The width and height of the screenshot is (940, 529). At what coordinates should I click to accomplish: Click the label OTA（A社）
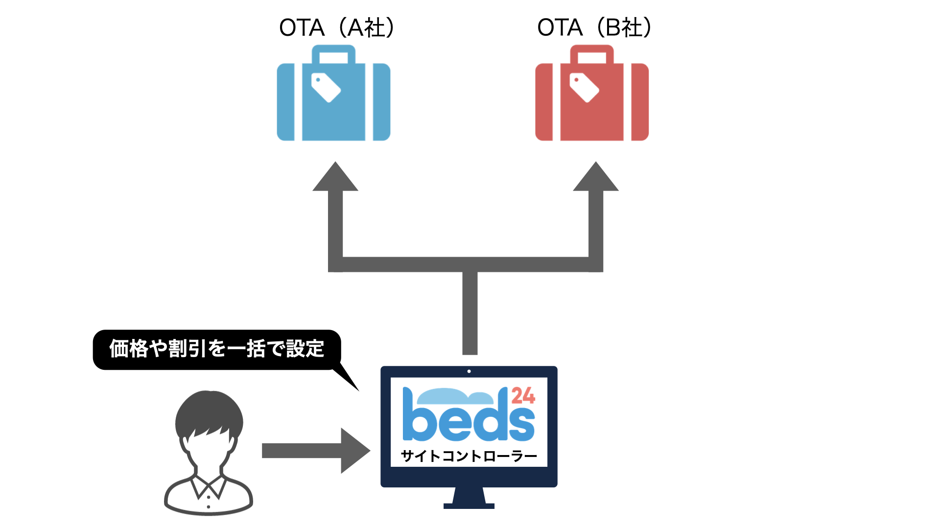(337, 27)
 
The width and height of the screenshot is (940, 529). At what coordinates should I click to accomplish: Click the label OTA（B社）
(594, 27)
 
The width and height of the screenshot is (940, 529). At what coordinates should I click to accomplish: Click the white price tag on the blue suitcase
(326, 87)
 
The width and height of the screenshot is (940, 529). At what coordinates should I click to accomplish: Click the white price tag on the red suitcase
(584, 87)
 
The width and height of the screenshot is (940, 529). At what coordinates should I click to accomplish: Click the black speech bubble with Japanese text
(216, 349)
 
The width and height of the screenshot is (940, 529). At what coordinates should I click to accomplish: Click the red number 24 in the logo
(523, 396)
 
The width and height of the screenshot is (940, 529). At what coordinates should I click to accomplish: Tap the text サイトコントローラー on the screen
(469, 457)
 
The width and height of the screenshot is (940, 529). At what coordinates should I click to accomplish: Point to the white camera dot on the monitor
(469, 371)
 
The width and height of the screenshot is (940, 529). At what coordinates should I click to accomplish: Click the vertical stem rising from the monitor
(470, 313)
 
